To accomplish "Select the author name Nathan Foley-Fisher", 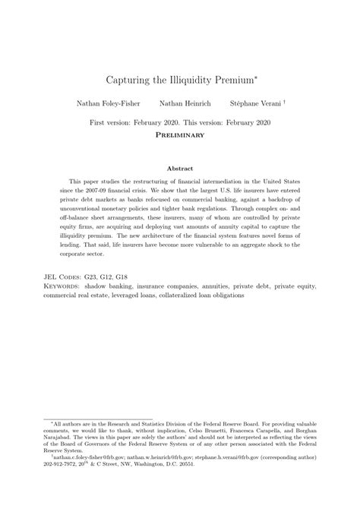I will point(104,103).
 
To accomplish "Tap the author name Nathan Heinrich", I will point(180,103).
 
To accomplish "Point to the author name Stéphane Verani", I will point(254,103).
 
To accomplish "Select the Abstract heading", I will point(180,168).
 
